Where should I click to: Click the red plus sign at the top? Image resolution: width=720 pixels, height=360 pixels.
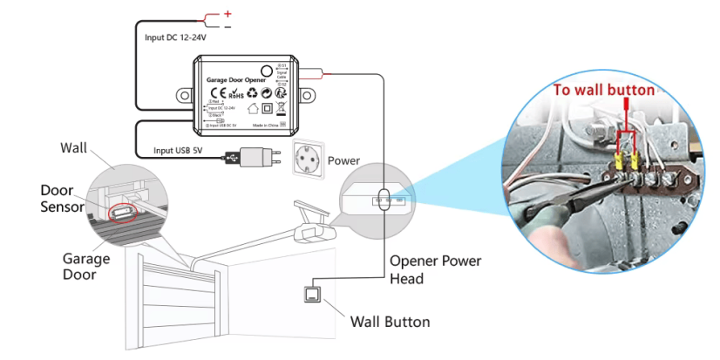tap(228, 14)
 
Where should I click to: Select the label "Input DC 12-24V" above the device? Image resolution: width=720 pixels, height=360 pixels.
tap(180, 38)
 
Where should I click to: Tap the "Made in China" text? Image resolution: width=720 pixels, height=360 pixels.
tap(269, 126)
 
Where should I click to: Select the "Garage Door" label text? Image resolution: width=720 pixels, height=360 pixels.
tap(85, 267)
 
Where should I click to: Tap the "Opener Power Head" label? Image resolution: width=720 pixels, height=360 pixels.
tap(435, 269)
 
